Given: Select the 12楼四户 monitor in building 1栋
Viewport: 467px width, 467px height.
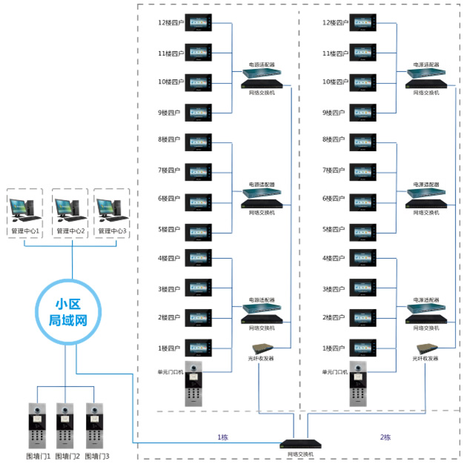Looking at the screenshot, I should click(x=199, y=23).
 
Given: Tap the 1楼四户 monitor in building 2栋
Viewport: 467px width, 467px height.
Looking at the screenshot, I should click(x=363, y=348).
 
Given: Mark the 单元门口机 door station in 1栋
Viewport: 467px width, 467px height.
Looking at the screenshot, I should click(x=194, y=385).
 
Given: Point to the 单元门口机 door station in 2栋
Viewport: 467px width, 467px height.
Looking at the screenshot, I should click(x=360, y=385).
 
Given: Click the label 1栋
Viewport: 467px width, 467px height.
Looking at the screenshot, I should click(x=222, y=437).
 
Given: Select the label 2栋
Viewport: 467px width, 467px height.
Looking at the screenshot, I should click(x=385, y=437).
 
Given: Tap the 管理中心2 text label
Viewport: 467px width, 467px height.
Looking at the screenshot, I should click(x=69, y=232).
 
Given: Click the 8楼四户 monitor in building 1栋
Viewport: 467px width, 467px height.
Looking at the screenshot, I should click(x=199, y=140).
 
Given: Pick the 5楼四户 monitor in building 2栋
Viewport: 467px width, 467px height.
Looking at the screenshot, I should click(x=363, y=230).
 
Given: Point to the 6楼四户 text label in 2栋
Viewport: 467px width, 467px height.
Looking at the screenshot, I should click(x=334, y=199).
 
